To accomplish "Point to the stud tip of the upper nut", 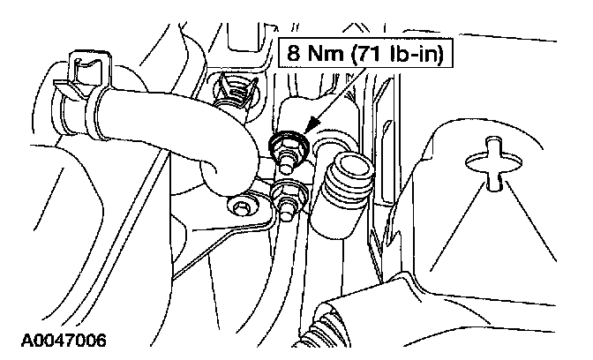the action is pyautogui.click(x=288, y=162).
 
